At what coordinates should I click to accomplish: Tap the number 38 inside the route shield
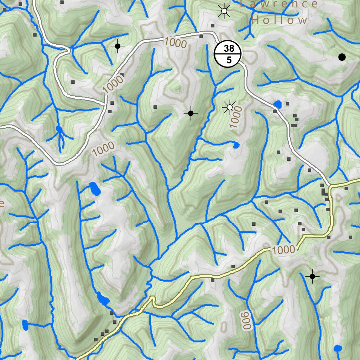point(229,49)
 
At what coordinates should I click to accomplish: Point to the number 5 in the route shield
point(229,60)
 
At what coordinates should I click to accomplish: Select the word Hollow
point(279,20)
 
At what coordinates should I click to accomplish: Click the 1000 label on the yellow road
point(283,250)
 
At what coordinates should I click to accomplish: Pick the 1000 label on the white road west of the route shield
point(175,43)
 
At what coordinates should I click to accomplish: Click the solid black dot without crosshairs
point(342,57)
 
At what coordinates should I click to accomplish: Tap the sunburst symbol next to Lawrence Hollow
point(224,11)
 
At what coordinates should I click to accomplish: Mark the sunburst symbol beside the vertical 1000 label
point(230,107)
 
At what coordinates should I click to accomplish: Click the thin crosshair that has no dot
point(117,90)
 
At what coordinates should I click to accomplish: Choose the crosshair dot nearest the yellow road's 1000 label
point(312,276)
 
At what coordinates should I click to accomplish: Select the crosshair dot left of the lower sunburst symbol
point(191,113)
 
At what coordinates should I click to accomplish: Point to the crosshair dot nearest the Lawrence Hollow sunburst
point(118,46)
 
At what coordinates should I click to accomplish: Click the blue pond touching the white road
point(278,104)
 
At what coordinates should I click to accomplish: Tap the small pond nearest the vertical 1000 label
point(236,145)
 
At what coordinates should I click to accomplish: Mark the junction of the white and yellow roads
point(330,185)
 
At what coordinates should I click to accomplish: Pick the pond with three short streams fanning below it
point(59,130)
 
